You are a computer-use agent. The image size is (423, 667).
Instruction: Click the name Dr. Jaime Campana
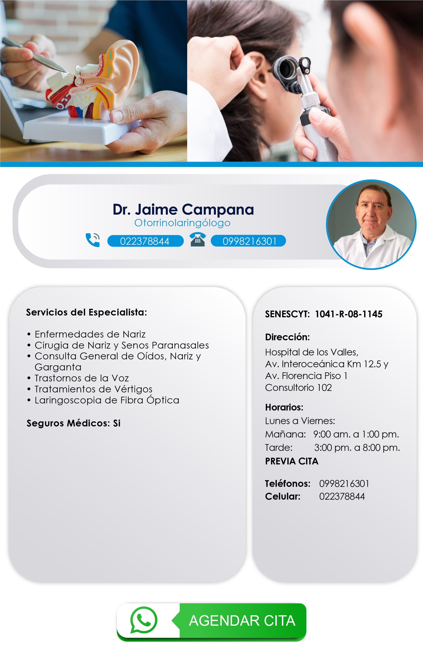[183, 209]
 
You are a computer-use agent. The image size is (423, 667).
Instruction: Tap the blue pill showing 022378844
[145, 241]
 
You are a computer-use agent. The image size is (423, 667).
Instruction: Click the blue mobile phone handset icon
[93, 240]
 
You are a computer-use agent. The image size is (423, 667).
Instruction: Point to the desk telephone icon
[197, 240]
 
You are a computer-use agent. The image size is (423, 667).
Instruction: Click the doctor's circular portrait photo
[371, 225]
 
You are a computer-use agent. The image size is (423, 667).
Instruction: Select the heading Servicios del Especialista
[86, 312]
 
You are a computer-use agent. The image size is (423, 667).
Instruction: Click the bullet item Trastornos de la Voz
[82, 378]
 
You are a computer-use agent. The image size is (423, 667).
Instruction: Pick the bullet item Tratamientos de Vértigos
[93, 389]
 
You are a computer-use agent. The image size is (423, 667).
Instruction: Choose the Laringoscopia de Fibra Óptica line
[107, 400]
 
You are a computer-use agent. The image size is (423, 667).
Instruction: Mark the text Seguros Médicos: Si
[73, 423]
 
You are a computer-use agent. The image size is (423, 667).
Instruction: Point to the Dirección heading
[287, 337]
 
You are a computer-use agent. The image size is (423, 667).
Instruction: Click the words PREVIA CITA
[292, 461]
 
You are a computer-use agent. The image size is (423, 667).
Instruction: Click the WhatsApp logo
[144, 620]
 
